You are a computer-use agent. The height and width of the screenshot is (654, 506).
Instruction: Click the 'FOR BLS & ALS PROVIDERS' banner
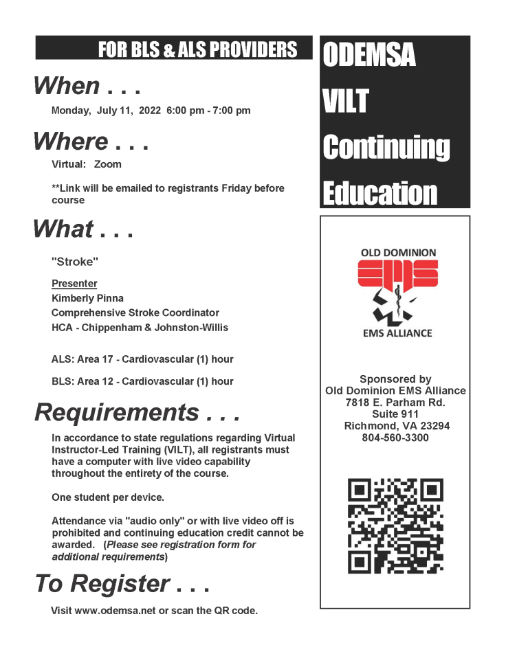pyautogui.click(x=197, y=49)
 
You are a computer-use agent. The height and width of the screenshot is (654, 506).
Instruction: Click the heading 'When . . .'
pyautogui.click(x=87, y=86)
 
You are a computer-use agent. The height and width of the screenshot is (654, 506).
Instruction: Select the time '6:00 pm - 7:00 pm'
pyautogui.click(x=208, y=110)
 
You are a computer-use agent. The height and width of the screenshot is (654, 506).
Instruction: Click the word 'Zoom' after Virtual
pyautogui.click(x=108, y=164)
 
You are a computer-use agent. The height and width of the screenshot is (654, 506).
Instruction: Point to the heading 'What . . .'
pyautogui.click(x=82, y=229)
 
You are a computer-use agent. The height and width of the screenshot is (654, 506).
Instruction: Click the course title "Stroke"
pyautogui.click(x=71, y=262)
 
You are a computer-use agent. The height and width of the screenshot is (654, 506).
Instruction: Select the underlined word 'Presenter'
pyautogui.click(x=74, y=284)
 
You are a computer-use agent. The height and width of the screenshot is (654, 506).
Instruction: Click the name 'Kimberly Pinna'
pyautogui.click(x=87, y=298)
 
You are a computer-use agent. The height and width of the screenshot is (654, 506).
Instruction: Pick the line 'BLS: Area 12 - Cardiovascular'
pyautogui.click(x=142, y=381)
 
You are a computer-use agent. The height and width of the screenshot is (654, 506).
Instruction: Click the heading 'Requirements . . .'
pyautogui.click(x=137, y=412)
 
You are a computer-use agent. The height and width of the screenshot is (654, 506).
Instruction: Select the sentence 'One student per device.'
pyautogui.click(x=108, y=497)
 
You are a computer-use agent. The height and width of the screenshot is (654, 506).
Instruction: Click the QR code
pyautogui.click(x=395, y=526)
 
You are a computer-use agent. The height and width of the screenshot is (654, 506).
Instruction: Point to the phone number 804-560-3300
pyautogui.click(x=395, y=438)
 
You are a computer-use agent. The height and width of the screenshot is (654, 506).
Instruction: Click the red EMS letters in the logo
pyautogui.click(x=397, y=274)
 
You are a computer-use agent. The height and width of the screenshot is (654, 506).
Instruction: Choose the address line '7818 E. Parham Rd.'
pyautogui.click(x=395, y=403)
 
